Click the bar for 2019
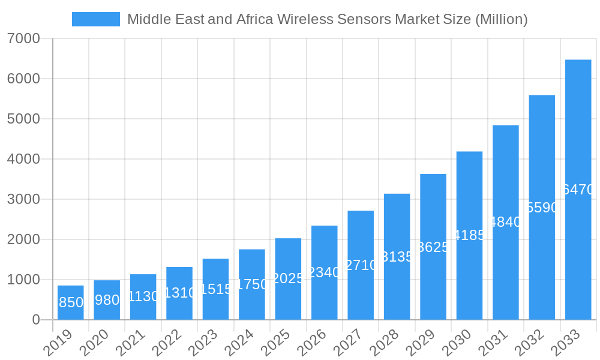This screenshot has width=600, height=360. point(71,302)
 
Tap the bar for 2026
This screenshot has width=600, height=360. point(324,272)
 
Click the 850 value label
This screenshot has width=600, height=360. point(71,302)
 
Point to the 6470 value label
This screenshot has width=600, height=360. point(578,190)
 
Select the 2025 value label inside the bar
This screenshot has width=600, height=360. point(289,278)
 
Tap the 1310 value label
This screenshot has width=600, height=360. point(179,293)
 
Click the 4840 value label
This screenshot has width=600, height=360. point(506,222)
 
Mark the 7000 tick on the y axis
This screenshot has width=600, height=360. point(23,38)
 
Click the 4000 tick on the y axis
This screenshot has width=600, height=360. point(23,159)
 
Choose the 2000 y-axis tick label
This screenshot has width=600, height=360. point(23,239)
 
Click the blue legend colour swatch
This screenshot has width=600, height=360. point(96,19)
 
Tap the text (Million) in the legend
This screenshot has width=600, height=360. point(501,19)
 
